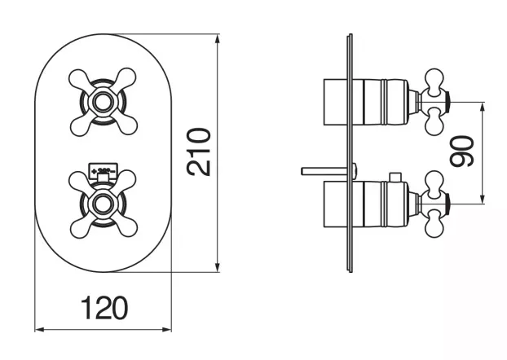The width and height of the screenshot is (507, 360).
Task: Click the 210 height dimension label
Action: [199, 151]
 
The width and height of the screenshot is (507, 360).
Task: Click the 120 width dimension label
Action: [104, 308]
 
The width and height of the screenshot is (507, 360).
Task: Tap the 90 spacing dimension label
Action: [461, 151]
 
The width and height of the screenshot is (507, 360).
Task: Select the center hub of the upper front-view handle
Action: [104, 102]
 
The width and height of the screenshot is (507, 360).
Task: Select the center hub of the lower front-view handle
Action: [104, 203]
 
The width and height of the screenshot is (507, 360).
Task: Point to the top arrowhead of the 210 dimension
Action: [218, 39]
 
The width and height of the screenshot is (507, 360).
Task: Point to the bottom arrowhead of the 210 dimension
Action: [218, 266]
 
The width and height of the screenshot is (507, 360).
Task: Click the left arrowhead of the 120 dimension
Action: [40, 330]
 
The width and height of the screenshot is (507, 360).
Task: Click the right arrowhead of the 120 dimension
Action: [166, 330]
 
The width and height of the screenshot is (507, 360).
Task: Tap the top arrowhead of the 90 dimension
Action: [483, 108]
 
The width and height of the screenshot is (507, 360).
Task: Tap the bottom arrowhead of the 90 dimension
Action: [483, 198]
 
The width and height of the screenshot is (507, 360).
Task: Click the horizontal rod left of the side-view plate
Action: [324, 171]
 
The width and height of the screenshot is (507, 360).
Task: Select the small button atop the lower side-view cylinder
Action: [395, 178]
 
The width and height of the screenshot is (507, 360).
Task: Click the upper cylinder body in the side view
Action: [380, 102]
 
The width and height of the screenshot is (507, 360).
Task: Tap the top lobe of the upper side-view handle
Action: [434, 78]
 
